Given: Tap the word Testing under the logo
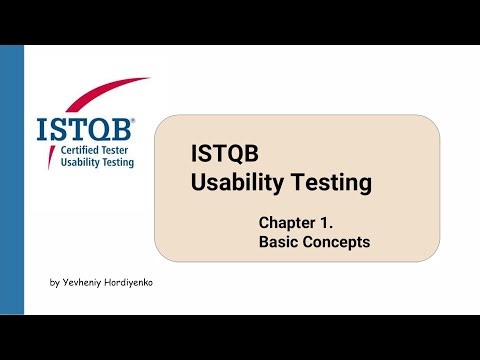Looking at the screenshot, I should tap(112, 161).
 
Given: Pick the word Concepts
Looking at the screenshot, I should tap(337, 242).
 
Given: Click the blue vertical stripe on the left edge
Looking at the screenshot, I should tap(12, 180).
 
